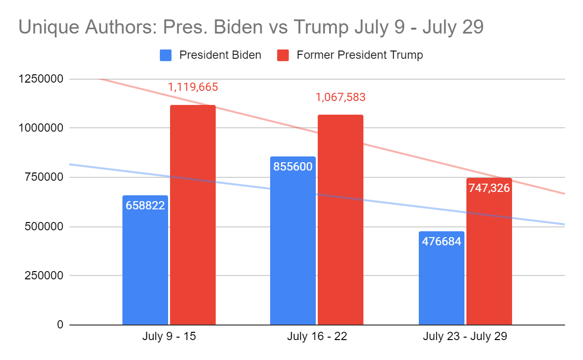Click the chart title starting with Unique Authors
coord(251,28)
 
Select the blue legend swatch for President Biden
coord(166,55)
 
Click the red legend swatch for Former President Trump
coord(283,55)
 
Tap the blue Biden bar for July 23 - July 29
coord(441,282)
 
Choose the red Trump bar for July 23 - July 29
coord(489,257)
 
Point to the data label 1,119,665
coord(193,87)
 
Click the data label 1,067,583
coord(341,98)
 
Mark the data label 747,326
coord(489,188)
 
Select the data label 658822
coord(145,206)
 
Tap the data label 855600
coord(292,167)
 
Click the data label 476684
coord(441,241)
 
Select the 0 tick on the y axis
coord(60,325)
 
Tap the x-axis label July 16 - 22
coord(317,337)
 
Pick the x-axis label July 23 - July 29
coord(465,337)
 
